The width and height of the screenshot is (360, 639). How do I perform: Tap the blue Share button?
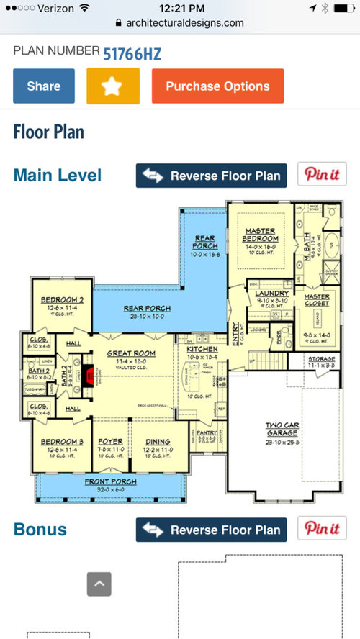tap(44, 86)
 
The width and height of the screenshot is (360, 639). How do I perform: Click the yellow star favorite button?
tap(112, 86)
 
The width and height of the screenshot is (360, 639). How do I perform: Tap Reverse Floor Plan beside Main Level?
tap(212, 176)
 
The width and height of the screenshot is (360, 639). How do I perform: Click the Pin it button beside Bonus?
tap(322, 530)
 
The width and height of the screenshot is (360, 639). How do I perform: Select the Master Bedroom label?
tap(260, 235)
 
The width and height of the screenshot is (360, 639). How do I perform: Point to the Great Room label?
tap(132, 353)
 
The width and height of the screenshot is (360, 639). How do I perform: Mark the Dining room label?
tap(158, 442)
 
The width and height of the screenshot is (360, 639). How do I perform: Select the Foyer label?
tap(111, 442)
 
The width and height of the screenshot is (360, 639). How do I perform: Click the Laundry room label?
tap(271, 294)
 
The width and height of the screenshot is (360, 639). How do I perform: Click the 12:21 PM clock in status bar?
tap(180, 8)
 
